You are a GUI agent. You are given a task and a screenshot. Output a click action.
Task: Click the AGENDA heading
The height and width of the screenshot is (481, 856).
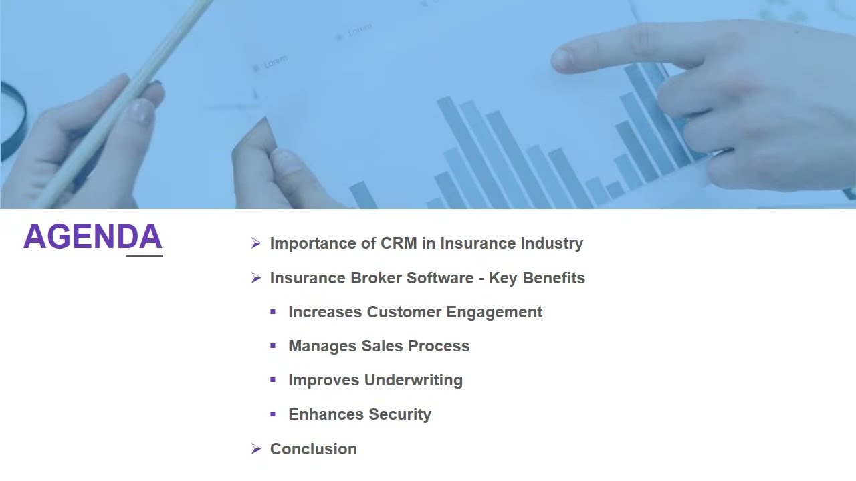[92, 237]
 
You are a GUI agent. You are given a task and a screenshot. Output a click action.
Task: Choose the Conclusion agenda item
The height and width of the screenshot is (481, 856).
[313, 449]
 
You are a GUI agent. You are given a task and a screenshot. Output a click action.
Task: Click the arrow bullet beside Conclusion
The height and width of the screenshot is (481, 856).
[256, 449]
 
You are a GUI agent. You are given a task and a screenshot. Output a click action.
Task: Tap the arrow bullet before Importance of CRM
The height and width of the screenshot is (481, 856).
[256, 243]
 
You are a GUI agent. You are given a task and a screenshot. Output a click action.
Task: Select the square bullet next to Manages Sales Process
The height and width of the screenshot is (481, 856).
[273, 346]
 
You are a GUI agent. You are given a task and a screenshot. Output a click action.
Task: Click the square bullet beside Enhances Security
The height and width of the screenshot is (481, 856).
[273, 414]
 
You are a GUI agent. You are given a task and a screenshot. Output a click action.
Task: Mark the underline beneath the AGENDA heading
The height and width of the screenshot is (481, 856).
[144, 255]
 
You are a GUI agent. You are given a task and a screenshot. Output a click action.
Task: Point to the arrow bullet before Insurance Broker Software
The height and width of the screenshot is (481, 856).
[256, 278]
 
